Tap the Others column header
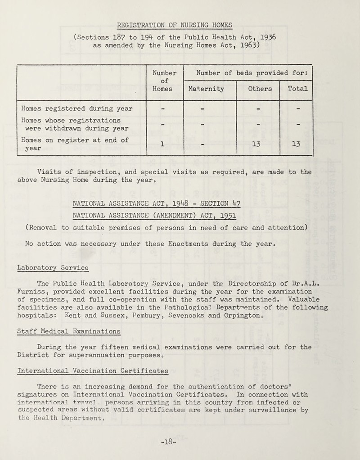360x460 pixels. tap(260, 89)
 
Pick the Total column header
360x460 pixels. tap(296, 89)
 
